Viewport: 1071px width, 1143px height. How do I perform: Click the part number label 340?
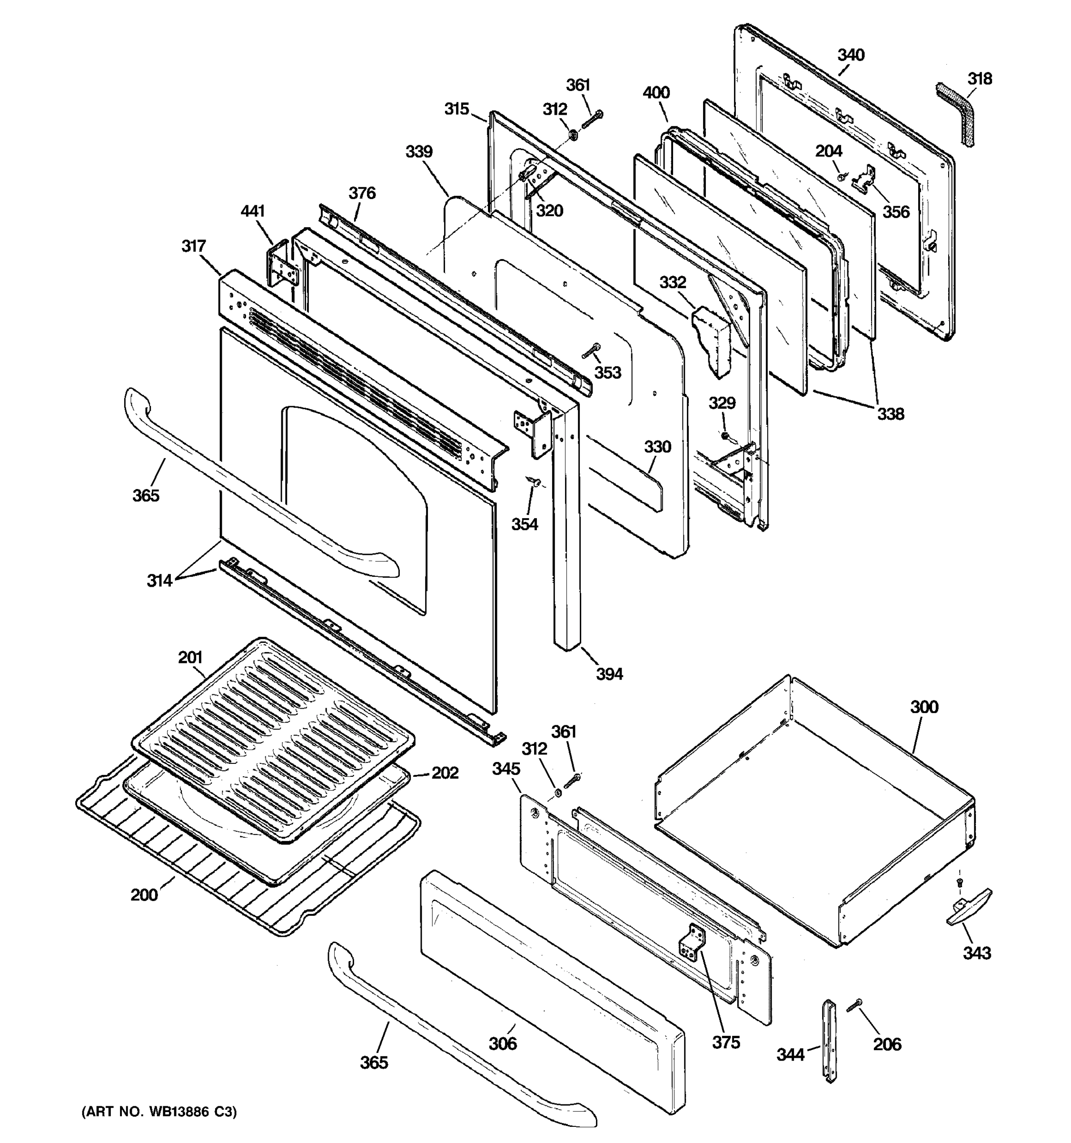[850, 55]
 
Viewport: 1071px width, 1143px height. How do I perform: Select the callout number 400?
[656, 92]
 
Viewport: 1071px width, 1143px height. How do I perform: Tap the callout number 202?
[445, 773]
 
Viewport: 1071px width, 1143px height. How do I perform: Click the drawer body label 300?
[924, 707]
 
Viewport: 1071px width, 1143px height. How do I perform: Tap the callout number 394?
[609, 673]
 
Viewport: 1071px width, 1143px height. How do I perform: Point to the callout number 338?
[890, 413]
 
